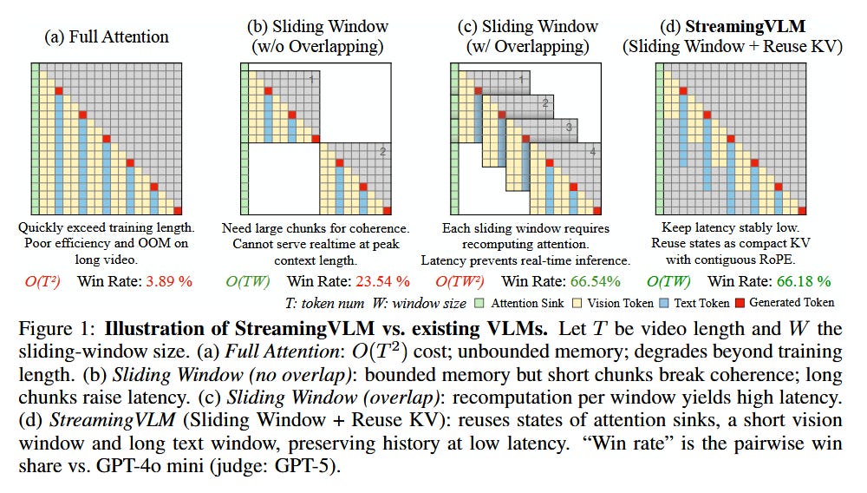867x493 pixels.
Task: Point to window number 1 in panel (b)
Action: tap(310, 79)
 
